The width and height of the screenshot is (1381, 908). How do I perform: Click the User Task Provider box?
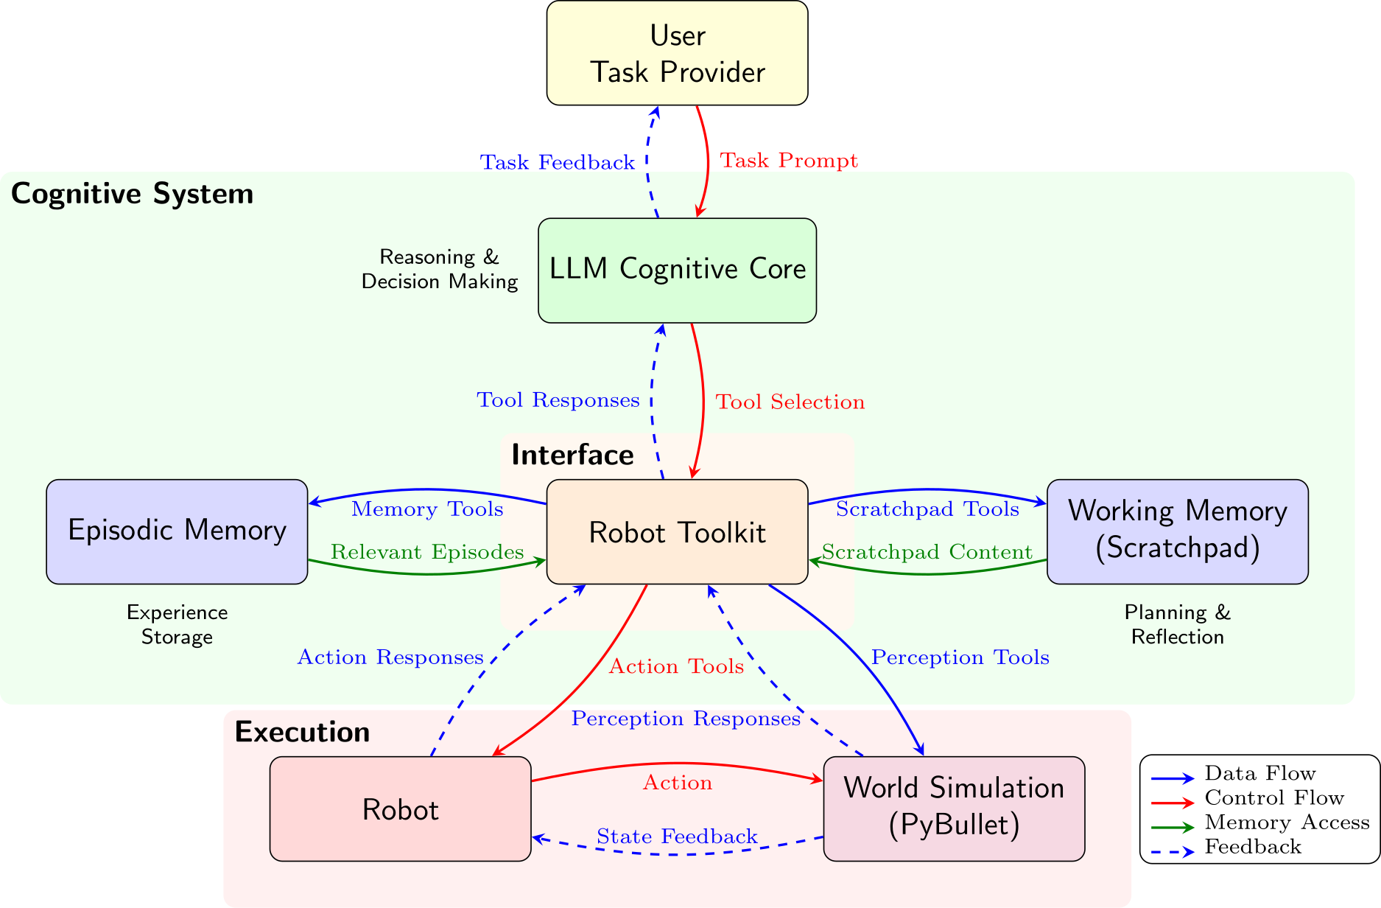tap(677, 53)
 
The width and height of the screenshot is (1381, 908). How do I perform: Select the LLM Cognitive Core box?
tap(677, 270)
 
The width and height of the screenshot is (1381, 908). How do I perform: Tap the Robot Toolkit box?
tap(677, 532)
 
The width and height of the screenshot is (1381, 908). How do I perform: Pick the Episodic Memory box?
tap(177, 531)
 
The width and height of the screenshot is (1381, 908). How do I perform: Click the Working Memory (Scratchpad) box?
tap(1177, 531)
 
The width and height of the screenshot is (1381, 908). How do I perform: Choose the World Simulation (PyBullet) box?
tap(954, 808)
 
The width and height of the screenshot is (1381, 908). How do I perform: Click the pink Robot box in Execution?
tap(400, 809)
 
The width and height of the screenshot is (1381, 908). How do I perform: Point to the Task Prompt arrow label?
tap(788, 161)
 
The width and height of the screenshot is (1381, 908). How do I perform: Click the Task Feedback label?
tap(557, 163)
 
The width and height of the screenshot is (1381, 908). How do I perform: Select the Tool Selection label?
tap(790, 402)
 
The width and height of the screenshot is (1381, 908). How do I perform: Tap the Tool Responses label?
tap(558, 400)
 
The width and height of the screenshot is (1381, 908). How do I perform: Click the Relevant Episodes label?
tap(427, 552)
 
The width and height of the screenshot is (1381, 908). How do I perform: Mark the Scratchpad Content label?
tap(927, 552)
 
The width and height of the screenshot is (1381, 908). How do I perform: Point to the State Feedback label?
tap(677, 837)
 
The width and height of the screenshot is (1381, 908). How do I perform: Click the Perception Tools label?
tap(960, 657)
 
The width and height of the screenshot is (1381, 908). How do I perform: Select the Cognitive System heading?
tap(132, 194)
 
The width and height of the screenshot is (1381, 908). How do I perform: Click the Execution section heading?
tap(302, 732)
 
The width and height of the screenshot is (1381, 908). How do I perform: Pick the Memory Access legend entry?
tap(1286, 823)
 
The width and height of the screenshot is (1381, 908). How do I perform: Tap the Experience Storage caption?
tap(177, 624)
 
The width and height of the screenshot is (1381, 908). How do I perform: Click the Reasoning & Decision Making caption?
tap(439, 269)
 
